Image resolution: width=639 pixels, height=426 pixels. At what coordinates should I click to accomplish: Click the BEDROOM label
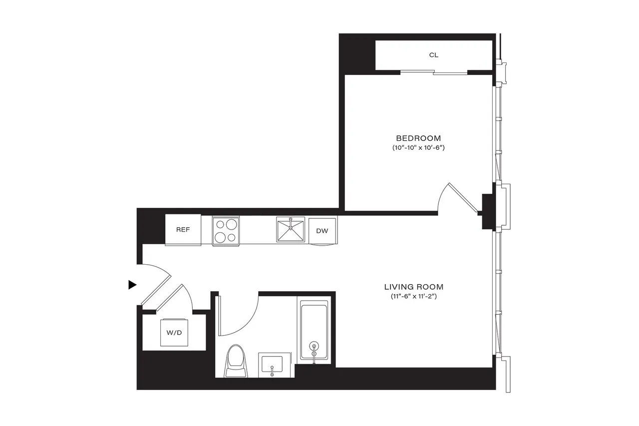[x=418, y=138]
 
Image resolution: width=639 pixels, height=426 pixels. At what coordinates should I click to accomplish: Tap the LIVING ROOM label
[x=414, y=287]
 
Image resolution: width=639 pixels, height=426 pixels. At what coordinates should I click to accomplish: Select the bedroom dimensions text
[x=418, y=148]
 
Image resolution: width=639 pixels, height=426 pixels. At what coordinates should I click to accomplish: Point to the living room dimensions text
[x=414, y=297]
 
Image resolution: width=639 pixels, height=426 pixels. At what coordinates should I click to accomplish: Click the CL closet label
[x=434, y=55]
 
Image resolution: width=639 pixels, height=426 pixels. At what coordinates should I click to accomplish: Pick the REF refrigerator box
[x=183, y=230]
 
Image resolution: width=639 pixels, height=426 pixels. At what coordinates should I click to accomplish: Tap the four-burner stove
[x=226, y=231]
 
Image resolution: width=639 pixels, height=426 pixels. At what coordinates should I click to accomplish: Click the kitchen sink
[x=291, y=230]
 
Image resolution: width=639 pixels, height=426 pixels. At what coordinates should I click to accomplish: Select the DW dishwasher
[x=322, y=231]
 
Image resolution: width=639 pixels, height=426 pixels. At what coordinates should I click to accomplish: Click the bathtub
[x=314, y=329]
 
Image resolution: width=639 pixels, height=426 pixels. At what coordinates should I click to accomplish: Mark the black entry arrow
[x=132, y=285]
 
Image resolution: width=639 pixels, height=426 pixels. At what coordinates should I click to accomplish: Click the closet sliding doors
[x=434, y=73]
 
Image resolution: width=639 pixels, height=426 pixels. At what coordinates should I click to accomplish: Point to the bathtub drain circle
[x=314, y=345]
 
